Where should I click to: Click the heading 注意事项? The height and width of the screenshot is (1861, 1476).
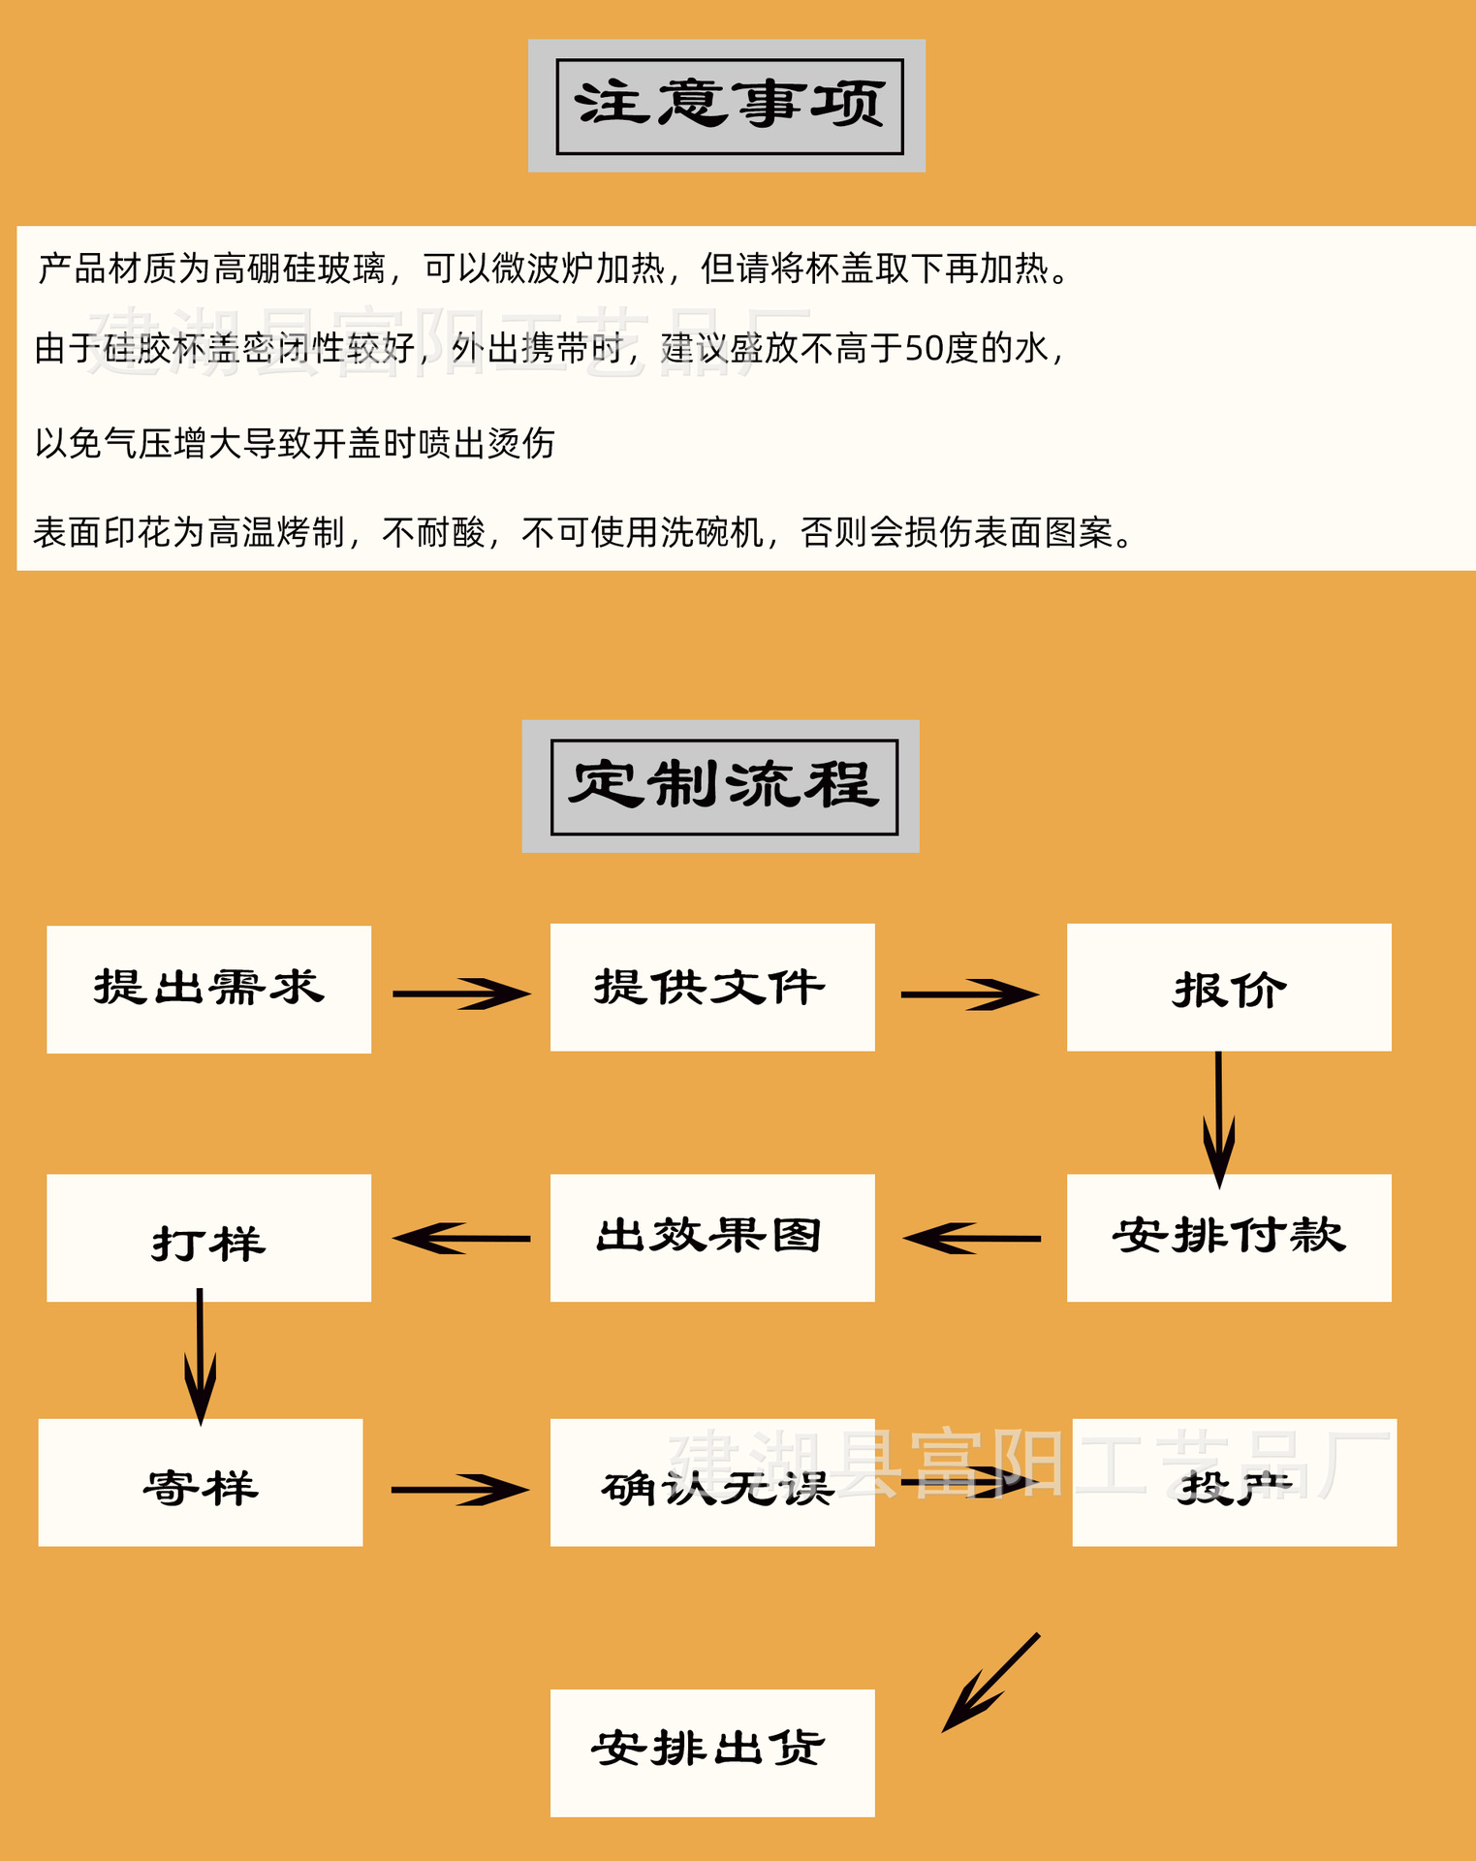point(729,106)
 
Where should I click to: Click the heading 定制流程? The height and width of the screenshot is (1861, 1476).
point(723,786)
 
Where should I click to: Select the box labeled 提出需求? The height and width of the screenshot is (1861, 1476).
point(208,989)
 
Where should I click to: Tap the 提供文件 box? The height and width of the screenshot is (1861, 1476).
point(712,987)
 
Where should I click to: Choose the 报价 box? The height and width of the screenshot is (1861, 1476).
point(1229,987)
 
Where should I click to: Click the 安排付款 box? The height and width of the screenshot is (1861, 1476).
point(1229,1237)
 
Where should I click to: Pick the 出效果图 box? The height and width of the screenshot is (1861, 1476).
point(712,1237)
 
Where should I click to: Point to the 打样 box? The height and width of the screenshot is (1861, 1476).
point(208,1237)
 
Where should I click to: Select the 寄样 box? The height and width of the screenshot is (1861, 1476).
point(201,1482)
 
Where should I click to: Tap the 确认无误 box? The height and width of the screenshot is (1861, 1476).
point(712,1482)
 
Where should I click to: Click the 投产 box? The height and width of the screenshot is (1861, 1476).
point(1234,1482)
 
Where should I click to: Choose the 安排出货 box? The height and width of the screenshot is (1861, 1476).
point(712,1752)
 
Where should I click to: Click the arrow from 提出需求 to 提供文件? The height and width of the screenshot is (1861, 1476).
point(461,994)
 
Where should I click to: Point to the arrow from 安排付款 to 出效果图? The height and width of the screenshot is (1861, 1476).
point(971,1239)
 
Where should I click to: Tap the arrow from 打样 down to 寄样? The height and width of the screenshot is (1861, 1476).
point(200,1357)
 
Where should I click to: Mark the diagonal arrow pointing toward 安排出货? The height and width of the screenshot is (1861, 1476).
point(990,1683)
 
